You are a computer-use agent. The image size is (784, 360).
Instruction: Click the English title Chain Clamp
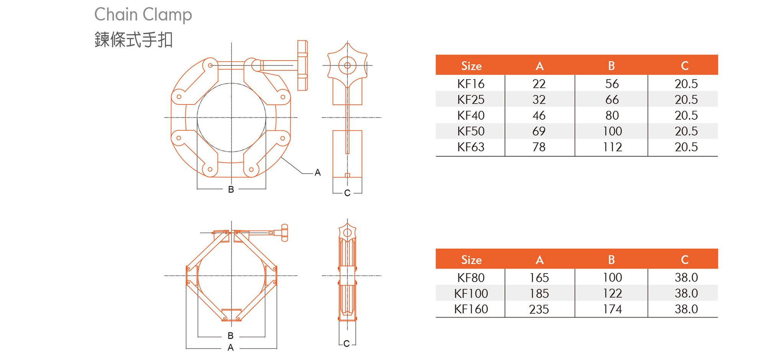(x=143, y=15)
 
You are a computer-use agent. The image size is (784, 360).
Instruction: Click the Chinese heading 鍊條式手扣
(x=134, y=40)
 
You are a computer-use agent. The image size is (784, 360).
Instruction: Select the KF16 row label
(x=470, y=83)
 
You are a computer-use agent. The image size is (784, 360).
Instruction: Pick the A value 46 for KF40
(x=539, y=115)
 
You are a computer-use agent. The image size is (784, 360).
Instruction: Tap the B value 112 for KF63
(x=612, y=147)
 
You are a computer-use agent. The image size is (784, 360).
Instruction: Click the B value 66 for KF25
(x=612, y=99)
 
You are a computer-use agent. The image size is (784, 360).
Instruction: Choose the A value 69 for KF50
(x=539, y=131)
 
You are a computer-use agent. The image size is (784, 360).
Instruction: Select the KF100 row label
(x=470, y=293)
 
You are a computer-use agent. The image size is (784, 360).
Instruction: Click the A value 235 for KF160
(x=539, y=309)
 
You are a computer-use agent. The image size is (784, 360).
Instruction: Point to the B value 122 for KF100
(x=612, y=293)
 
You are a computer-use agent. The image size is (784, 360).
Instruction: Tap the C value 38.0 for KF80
(x=686, y=277)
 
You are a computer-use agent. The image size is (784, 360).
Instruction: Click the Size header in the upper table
(x=471, y=66)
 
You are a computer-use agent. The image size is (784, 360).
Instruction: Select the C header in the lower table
(x=684, y=260)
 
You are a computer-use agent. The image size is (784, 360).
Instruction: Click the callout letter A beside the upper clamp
(x=317, y=173)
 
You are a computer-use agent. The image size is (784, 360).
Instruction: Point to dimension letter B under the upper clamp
(x=231, y=189)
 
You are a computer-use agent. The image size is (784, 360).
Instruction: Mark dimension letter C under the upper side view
(x=347, y=193)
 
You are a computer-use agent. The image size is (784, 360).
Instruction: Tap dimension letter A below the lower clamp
(x=230, y=348)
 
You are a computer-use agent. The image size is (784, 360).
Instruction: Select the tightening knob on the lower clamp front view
(x=284, y=233)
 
